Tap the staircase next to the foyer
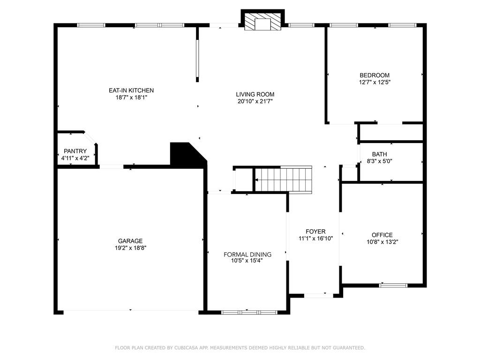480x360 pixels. click(284, 180)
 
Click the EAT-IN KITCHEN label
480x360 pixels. click(131, 90)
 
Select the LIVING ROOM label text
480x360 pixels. click(255, 94)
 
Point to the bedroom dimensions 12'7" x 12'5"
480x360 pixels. click(375, 82)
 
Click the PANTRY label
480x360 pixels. click(75, 151)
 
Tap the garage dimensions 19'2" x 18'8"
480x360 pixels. click(130, 247)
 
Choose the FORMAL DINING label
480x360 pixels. click(247, 255)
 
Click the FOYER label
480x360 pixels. click(315, 232)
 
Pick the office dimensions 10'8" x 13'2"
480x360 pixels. click(382, 242)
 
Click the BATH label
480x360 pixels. click(380, 154)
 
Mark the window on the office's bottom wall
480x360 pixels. click(393, 285)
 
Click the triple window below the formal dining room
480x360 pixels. click(249, 312)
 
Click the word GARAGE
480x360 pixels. click(130, 241)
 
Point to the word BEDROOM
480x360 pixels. click(375, 75)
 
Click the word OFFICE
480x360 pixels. click(382, 235)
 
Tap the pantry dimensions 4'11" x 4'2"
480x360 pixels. click(75, 158)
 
